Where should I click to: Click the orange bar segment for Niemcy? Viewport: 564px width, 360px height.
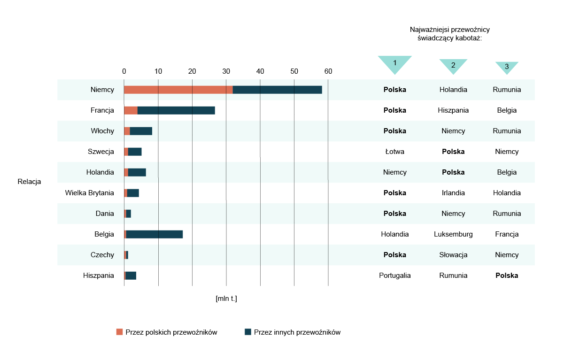(x=178, y=90)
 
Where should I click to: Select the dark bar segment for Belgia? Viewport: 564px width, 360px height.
(x=155, y=234)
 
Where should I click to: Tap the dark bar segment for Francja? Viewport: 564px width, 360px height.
(x=176, y=110)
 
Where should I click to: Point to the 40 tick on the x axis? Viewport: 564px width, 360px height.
(x=260, y=71)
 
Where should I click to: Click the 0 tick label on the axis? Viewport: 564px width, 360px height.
(x=124, y=71)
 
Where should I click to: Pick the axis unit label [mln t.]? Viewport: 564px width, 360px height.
(x=226, y=299)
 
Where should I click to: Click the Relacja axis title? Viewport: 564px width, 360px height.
(x=29, y=182)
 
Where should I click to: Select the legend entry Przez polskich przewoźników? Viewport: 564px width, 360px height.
(x=167, y=332)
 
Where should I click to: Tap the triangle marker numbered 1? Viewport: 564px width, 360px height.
(x=395, y=63)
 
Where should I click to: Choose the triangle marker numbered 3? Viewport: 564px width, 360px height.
(x=507, y=67)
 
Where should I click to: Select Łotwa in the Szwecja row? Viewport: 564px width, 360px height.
(x=395, y=152)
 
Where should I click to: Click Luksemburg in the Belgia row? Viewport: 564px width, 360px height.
(x=453, y=234)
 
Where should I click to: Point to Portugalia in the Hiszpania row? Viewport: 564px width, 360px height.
(x=395, y=276)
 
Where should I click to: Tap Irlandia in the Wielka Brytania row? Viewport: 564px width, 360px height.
(x=453, y=193)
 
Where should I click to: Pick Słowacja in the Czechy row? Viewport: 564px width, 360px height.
(x=453, y=255)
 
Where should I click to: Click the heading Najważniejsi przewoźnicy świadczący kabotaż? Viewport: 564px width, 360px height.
(x=450, y=34)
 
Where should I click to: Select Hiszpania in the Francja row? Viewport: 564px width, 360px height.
(x=453, y=110)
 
